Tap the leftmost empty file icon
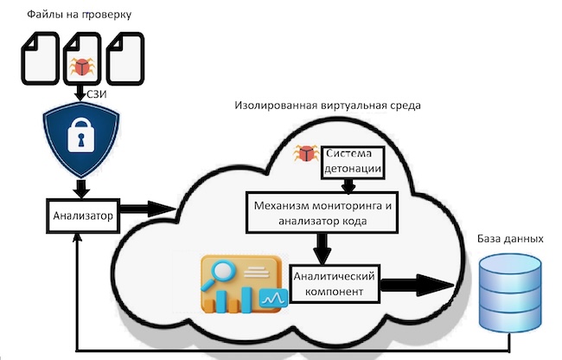tap(40, 59)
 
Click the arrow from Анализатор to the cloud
tap(147, 209)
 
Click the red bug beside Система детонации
tap(304, 154)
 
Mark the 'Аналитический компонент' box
tap(334, 285)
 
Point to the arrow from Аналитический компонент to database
tap(415, 285)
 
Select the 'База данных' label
tap(510, 238)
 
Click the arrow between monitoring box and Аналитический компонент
tap(323, 248)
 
